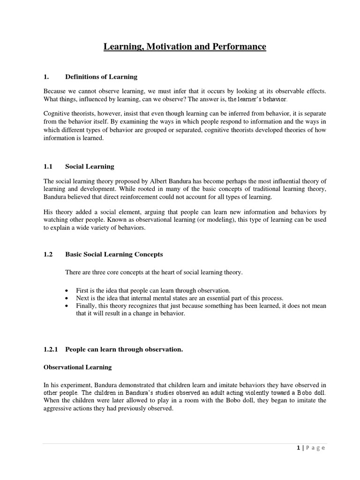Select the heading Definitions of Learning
(101, 77)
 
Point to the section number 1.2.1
(51, 349)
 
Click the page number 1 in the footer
(298, 448)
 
